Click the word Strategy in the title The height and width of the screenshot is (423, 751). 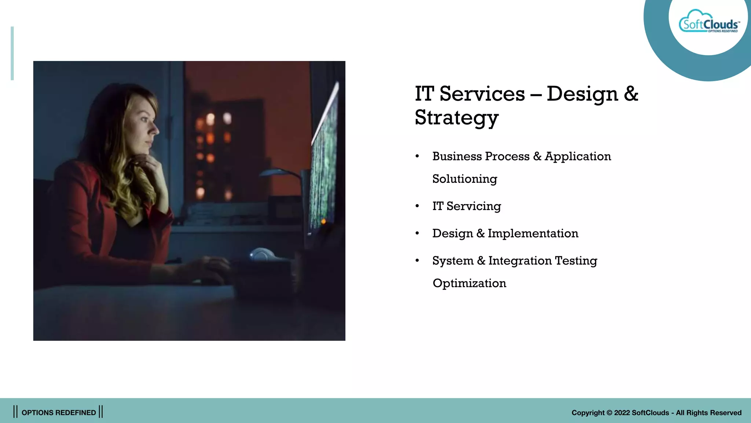click(x=457, y=117)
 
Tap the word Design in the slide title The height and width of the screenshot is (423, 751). click(x=582, y=94)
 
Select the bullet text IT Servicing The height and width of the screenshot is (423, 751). click(x=466, y=206)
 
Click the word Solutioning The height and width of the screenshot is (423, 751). click(x=465, y=179)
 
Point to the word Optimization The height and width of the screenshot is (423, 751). click(x=469, y=283)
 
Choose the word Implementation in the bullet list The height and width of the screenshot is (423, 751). click(x=533, y=234)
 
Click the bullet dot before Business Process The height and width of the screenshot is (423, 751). click(x=417, y=156)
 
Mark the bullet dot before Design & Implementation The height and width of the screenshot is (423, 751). click(x=417, y=234)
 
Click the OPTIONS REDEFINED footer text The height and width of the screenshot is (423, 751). click(x=59, y=413)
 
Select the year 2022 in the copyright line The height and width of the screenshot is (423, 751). click(x=622, y=413)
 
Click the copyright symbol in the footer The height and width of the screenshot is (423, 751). click(x=609, y=413)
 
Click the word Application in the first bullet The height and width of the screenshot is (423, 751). click(x=578, y=156)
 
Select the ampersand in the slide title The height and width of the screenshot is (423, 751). click(x=631, y=94)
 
